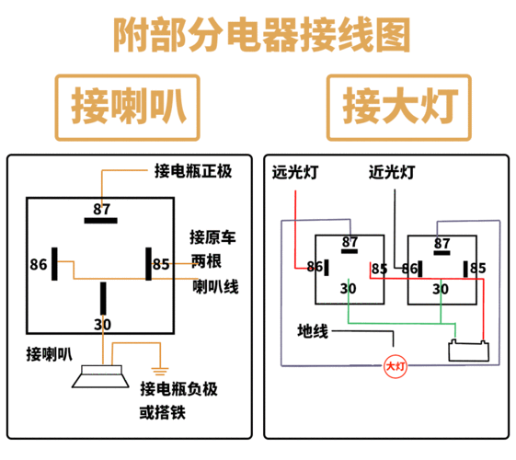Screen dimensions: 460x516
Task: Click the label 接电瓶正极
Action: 194,171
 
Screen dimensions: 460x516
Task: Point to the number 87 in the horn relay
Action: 101,208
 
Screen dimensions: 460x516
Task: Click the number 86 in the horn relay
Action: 38,265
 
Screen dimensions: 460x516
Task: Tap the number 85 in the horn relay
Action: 161,265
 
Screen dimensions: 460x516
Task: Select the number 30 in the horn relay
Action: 102,324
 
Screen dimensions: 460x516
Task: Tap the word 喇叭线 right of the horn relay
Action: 215,287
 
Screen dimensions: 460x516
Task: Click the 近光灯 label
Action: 392,172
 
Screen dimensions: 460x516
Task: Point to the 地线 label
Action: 313,330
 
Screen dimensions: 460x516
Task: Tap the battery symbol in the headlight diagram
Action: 467,351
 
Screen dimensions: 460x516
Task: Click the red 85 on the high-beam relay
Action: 379,269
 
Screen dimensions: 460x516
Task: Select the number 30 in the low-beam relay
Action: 441,289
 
